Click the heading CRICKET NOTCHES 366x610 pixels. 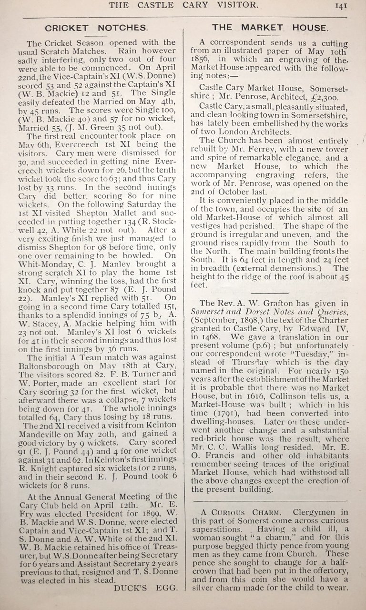pos(97,28)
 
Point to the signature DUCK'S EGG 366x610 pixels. pos(145,588)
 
